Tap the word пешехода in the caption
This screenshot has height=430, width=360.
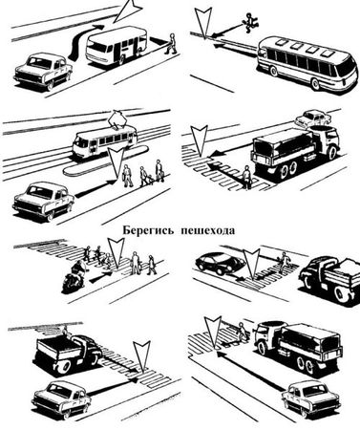tap(208, 230)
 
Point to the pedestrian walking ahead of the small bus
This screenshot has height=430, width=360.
tap(171, 44)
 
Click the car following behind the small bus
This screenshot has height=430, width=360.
tap(43, 72)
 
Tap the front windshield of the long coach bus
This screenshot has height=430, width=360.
tap(346, 68)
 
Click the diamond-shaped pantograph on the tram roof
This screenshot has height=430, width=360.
tap(117, 119)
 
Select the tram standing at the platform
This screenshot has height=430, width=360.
tap(104, 140)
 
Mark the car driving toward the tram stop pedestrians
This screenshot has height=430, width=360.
tap(43, 201)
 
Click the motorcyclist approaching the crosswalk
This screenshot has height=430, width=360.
tap(74, 276)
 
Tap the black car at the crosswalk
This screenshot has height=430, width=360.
tap(220, 263)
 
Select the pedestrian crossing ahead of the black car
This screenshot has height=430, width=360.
tap(283, 263)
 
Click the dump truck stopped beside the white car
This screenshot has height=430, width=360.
tap(69, 353)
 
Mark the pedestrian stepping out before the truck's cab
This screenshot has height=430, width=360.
tap(243, 332)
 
